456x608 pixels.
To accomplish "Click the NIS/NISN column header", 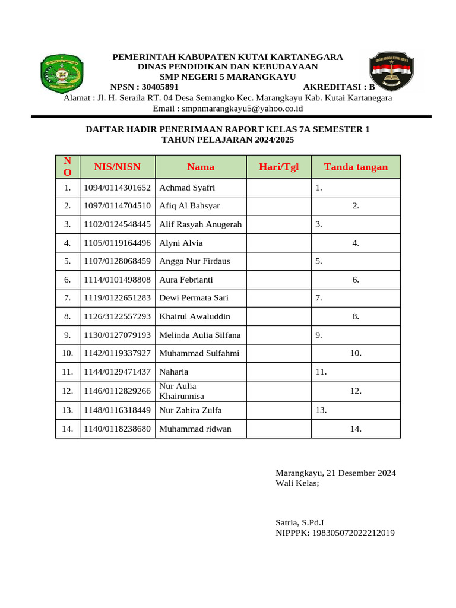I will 117,167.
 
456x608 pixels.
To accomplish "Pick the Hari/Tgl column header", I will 278,167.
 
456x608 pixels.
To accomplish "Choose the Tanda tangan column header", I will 356,167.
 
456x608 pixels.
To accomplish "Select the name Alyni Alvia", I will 181,243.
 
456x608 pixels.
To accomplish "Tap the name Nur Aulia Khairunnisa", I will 182,391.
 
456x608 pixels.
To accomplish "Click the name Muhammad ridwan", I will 195,429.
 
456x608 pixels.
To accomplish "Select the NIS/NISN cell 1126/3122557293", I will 117,316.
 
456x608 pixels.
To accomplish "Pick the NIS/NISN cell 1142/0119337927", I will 117,353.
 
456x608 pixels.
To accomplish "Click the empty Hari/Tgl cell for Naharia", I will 278,372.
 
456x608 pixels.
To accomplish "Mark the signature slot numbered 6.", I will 356,280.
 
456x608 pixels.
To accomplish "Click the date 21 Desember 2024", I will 360,473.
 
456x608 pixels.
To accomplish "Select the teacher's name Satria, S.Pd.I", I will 299,522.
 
